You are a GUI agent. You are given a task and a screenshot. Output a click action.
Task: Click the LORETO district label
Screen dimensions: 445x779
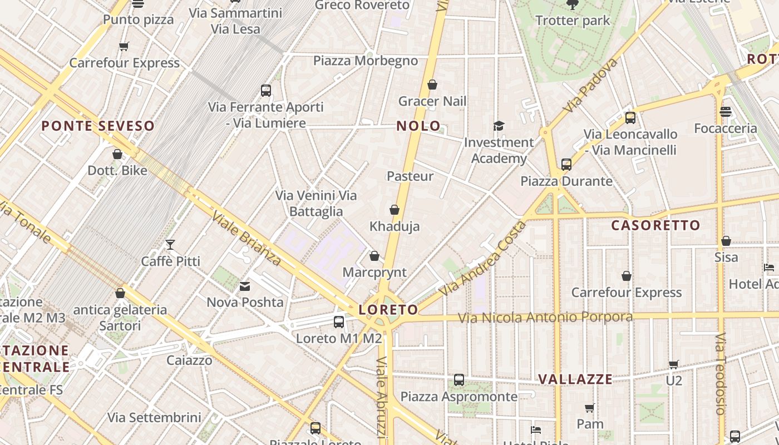[x=388, y=310]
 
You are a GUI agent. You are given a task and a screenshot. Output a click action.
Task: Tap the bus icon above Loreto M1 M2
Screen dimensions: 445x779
[x=338, y=322]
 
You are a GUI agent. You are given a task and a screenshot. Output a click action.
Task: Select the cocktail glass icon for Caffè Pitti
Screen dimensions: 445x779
[x=170, y=245]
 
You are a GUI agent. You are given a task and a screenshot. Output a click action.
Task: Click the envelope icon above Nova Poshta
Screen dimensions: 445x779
[x=245, y=286]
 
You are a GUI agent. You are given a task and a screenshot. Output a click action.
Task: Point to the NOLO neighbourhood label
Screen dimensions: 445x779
[x=418, y=126]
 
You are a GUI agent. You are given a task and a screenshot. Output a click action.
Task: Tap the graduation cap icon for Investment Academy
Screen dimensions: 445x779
[x=499, y=126]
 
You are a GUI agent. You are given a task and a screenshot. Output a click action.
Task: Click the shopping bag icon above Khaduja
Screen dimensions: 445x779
[x=395, y=210]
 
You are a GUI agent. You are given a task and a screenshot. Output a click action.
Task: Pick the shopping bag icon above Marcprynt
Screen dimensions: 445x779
[x=374, y=256]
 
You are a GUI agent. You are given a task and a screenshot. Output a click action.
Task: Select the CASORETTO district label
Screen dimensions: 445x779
[x=655, y=225]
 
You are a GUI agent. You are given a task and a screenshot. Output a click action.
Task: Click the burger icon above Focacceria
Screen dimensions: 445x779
[x=725, y=112]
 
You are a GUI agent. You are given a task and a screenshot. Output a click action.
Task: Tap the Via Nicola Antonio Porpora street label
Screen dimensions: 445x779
[x=545, y=317]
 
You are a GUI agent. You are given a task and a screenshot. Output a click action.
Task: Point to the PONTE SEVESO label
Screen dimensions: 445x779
[x=98, y=126]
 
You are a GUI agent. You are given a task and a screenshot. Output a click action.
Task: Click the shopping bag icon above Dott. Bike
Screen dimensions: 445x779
[x=117, y=154]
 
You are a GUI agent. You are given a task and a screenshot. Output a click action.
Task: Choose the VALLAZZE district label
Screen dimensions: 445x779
[x=575, y=379]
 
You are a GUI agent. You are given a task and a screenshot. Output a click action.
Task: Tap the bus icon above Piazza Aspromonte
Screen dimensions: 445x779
[x=459, y=380]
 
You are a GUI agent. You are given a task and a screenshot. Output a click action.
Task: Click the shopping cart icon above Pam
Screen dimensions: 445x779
[x=590, y=408]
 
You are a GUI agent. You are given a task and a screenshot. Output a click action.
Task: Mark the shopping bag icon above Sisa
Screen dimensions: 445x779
[x=726, y=241]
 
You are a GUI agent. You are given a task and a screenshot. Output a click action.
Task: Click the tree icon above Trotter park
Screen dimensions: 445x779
[x=572, y=5]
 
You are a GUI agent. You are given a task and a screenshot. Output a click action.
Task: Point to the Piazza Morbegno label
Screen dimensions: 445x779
[x=366, y=61]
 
